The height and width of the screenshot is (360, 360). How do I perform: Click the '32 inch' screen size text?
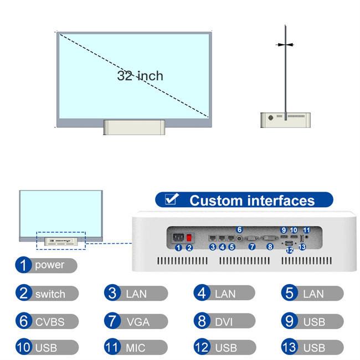140,76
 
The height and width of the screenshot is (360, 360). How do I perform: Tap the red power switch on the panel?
189,238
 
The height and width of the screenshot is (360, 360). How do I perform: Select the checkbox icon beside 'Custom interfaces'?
172,199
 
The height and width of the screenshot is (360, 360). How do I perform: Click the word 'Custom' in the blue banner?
215,200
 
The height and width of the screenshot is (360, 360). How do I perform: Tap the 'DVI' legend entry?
224,321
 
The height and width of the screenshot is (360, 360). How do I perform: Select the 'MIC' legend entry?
136,347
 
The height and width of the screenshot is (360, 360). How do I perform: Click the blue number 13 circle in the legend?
290,347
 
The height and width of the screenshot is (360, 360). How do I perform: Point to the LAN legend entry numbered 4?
224,293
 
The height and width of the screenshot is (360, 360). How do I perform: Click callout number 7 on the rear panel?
252,247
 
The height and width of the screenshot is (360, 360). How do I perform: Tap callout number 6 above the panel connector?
239,230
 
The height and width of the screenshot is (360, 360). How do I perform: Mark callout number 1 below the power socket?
178,248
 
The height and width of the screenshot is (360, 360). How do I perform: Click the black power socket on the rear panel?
178,238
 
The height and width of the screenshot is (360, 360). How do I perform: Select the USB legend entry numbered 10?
47,347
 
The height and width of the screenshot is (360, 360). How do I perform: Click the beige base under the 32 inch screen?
135,127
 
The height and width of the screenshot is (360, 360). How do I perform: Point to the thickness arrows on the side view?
285,45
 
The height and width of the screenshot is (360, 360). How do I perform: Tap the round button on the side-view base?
271,118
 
